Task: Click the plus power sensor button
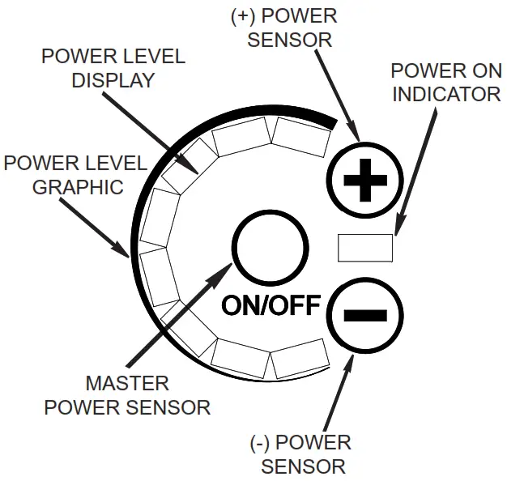pos(363,181)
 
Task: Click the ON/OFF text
pos(272,305)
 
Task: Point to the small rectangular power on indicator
pos(365,247)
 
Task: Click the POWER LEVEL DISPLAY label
pos(113,69)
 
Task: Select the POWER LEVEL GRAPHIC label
pos(74,175)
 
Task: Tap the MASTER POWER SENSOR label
pos(127,395)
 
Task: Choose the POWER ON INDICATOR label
pos(445,82)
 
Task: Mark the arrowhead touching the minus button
pos(351,360)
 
